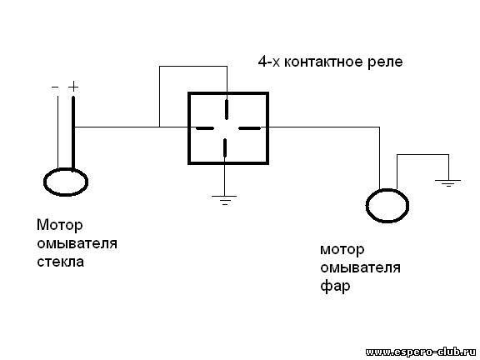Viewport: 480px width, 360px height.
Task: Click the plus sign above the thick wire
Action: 73,87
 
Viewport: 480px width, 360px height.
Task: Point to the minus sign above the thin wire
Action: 55,87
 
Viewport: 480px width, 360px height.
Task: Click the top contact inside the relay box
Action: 227,109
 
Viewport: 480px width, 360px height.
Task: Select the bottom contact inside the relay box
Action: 225,147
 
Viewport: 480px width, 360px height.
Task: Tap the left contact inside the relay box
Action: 204,128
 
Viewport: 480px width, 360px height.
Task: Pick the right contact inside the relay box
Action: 249,128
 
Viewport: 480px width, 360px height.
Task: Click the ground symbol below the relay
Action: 224,200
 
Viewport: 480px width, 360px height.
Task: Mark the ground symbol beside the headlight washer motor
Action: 448,183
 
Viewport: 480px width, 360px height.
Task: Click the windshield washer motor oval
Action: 66,182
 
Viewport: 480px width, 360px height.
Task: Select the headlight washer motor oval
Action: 387,205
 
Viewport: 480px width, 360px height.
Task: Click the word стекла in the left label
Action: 60,262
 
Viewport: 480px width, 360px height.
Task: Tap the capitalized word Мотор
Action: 60,226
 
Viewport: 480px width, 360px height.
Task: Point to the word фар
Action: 335,287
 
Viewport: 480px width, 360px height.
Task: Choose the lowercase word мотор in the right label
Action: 342,251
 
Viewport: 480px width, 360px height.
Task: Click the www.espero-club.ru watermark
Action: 422,352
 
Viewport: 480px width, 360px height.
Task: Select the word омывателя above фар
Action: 360,268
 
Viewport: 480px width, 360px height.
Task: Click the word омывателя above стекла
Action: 77,243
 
